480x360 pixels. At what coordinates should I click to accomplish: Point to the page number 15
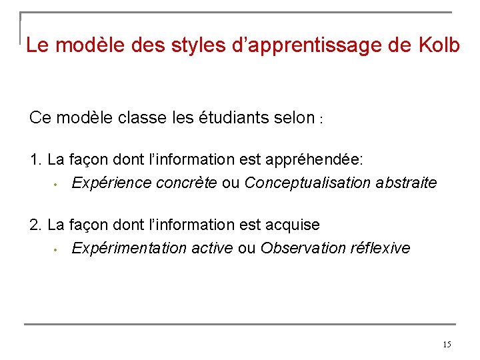click(x=446, y=344)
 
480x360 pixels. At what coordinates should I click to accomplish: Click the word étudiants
click(x=235, y=118)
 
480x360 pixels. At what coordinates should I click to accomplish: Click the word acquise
click(x=293, y=225)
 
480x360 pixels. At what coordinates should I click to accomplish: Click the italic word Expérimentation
click(x=129, y=248)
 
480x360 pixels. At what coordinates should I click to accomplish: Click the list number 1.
click(x=36, y=160)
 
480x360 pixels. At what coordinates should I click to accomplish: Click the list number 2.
click(x=36, y=225)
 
